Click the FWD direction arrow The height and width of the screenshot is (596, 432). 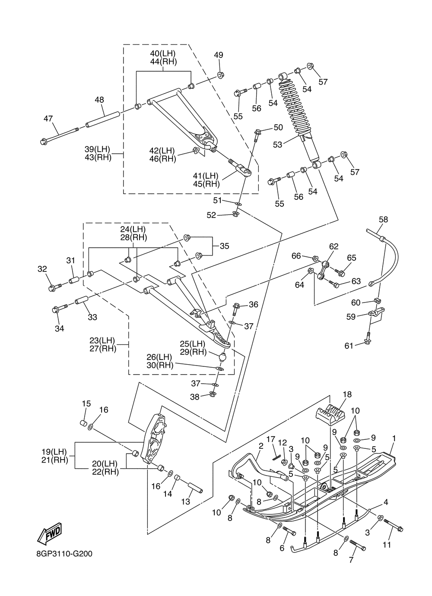click(49, 533)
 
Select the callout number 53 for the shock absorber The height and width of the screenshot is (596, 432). click(277, 145)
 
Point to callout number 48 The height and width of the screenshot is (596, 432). click(99, 100)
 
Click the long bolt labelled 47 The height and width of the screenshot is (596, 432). click(60, 135)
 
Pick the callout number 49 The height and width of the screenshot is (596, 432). click(219, 55)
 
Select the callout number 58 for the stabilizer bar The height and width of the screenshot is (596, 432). click(383, 219)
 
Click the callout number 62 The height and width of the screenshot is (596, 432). click(334, 246)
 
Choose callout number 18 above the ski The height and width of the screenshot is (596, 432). click(347, 394)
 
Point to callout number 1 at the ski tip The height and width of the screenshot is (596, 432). click(394, 438)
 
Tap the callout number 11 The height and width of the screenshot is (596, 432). click(387, 545)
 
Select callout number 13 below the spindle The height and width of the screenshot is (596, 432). click(185, 502)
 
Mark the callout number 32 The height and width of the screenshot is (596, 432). click(42, 269)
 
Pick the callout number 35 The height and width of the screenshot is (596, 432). click(224, 246)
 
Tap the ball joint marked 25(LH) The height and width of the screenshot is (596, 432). click(223, 357)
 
